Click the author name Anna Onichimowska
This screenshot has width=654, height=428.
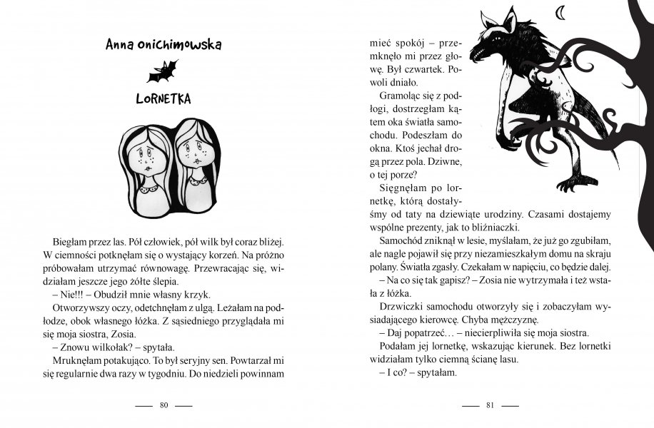(x=163, y=45)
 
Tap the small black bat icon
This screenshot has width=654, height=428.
(x=163, y=71)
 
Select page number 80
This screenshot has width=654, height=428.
(x=163, y=406)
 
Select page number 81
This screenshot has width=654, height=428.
(x=490, y=406)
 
